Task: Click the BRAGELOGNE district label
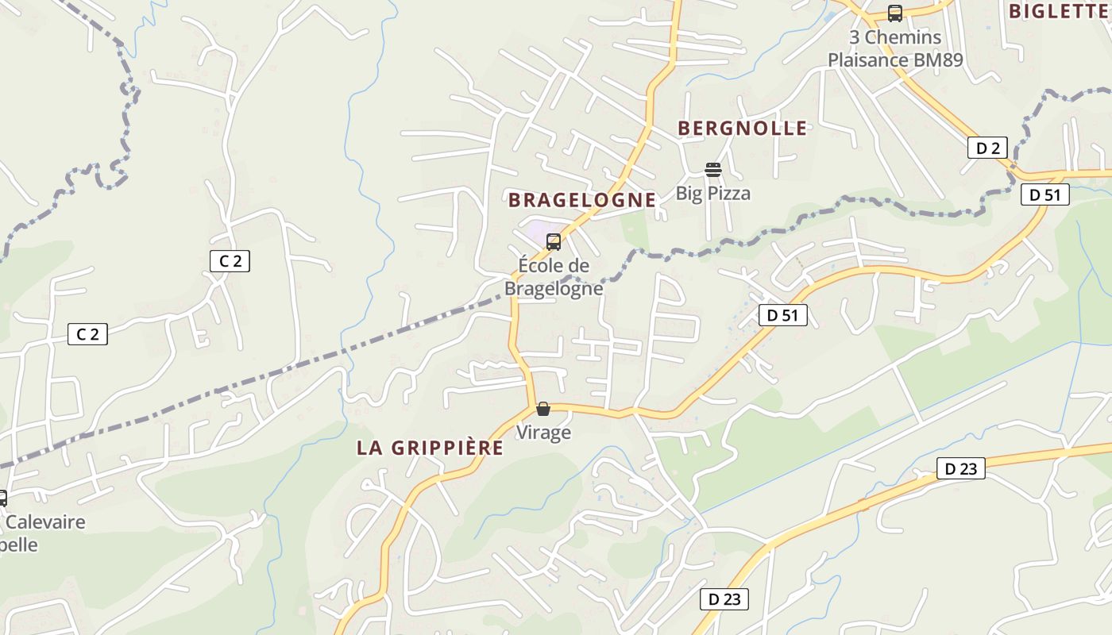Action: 582,200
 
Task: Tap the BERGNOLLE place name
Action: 742,129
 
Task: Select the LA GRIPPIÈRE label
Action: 430,448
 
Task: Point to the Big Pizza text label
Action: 712,193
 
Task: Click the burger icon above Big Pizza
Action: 712,169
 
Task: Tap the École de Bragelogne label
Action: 554,276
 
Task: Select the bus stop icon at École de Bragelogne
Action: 554,242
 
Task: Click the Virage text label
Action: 543,433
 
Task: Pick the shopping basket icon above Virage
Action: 543,410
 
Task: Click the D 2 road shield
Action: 987,148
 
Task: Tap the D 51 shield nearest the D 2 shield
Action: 1044,194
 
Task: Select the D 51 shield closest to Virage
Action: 782,315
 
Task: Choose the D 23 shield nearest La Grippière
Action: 724,599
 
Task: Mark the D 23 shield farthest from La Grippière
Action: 960,469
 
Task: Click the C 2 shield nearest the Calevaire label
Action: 87,334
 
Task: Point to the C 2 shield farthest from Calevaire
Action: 230,260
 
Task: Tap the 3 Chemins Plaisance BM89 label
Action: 894,48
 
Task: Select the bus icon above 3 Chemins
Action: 894,13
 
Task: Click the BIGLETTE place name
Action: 1060,11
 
